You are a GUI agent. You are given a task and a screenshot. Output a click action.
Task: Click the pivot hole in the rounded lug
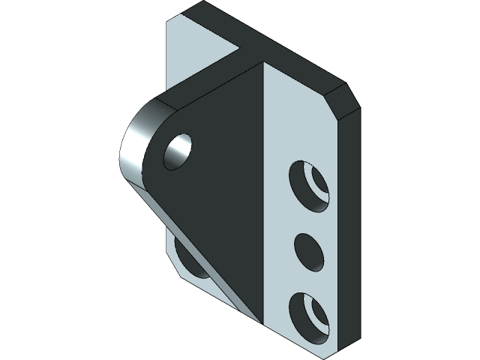pos(178,151)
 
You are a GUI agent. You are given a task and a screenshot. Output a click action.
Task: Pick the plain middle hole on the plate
pos(308,252)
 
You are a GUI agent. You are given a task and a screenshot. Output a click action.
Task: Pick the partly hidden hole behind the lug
pos(187,259)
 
